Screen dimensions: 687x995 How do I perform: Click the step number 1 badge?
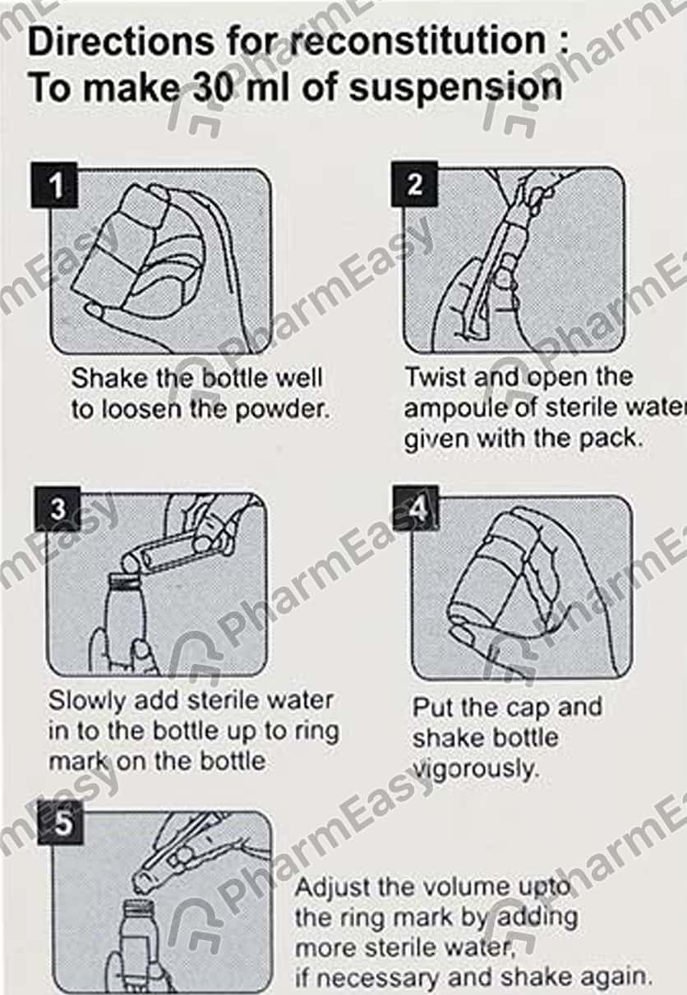[55, 185]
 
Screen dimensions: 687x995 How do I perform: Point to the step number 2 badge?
[414, 184]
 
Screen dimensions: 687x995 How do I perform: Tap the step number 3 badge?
[58, 509]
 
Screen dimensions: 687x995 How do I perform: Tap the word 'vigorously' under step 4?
[476, 770]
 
